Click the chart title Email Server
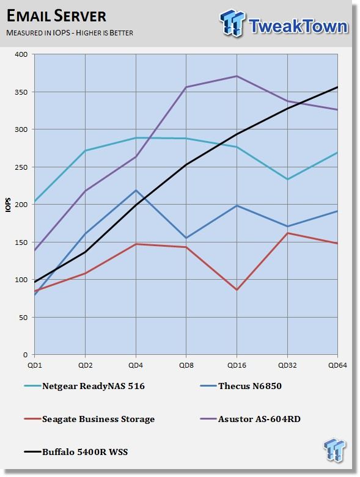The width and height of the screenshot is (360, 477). [x=56, y=16]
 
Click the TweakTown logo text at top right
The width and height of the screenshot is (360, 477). [x=298, y=26]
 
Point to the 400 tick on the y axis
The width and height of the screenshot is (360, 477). [x=21, y=54]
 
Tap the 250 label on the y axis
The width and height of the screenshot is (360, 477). [x=21, y=167]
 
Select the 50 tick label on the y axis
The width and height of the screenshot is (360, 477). [x=23, y=318]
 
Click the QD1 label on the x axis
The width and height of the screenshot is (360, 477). [x=35, y=365]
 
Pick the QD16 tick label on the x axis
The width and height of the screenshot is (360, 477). [x=237, y=365]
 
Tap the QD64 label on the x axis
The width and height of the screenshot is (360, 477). [x=337, y=365]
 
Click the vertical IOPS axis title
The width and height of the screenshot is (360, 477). [x=8, y=205]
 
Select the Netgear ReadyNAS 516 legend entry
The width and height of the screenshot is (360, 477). [x=84, y=386]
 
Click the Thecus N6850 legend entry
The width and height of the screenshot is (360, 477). [x=241, y=386]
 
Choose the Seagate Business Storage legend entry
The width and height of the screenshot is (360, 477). [x=89, y=419]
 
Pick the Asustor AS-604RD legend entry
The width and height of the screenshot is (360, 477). [x=251, y=419]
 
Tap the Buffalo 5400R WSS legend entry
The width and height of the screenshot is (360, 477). [x=76, y=452]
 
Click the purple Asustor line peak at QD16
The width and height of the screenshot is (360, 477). [x=237, y=76]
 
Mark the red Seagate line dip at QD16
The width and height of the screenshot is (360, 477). [x=237, y=289]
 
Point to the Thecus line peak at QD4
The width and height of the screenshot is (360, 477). [x=136, y=190]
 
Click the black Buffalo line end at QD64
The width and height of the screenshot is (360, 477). [x=337, y=87]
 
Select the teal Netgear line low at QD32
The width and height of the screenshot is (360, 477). [x=287, y=179]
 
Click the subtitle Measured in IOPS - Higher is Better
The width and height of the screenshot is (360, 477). [x=70, y=32]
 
